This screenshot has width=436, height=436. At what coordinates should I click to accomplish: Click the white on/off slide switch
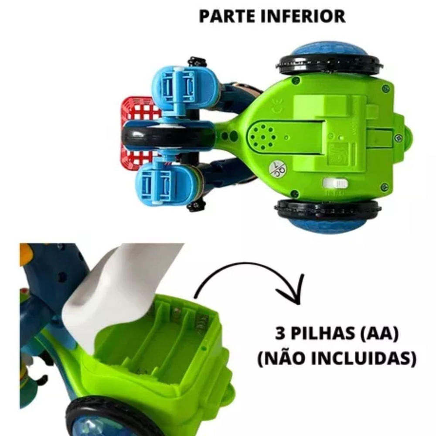[x=336, y=183]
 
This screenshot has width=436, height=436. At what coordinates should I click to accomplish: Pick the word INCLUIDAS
[x=366, y=358]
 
